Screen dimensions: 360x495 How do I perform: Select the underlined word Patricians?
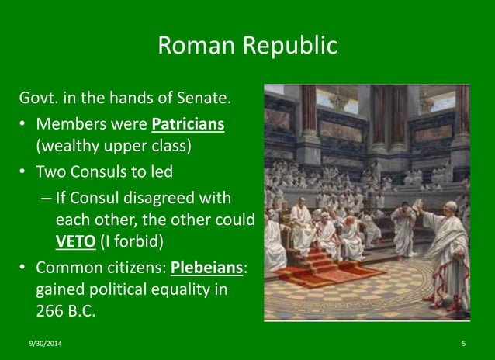[188, 125]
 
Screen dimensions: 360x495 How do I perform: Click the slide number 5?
[463, 342]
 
